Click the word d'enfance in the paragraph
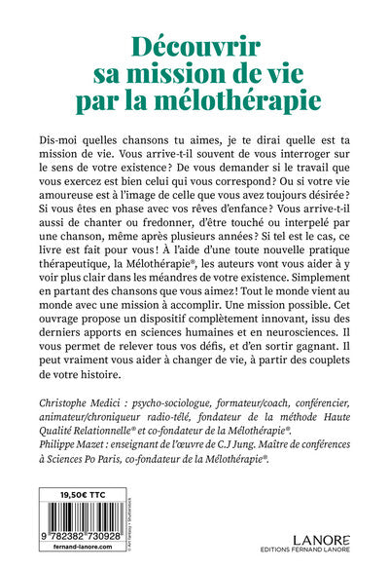click(237, 205)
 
